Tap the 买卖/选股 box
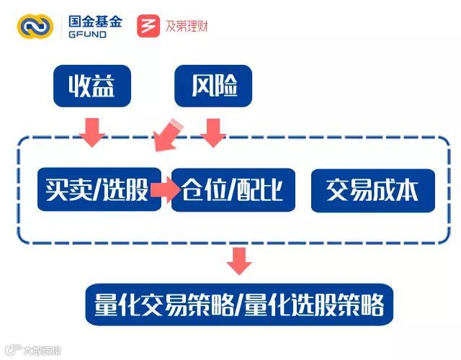click(99, 190)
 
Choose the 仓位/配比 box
click(233, 190)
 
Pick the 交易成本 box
click(373, 190)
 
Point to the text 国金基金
click(96, 20)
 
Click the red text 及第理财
click(187, 27)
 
